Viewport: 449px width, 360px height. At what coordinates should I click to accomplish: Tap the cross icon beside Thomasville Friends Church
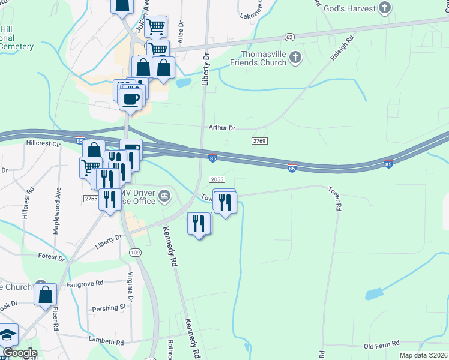point(295,58)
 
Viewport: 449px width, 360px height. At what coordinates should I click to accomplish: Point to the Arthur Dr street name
point(222,128)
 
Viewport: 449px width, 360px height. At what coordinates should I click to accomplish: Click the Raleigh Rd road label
point(342,50)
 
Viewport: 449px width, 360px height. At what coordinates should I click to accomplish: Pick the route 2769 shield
point(259,140)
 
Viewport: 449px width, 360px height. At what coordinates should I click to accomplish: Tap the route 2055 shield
point(217,179)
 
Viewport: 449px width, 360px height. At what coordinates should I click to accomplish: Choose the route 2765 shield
point(91,199)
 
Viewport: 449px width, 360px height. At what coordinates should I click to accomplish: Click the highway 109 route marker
point(136,253)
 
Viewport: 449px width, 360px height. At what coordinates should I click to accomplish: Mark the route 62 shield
point(290,37)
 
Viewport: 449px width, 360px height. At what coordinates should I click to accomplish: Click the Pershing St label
point(109,308)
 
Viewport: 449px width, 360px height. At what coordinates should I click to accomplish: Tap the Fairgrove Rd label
point(85,283)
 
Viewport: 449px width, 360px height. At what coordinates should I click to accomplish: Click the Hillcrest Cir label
point(44,145)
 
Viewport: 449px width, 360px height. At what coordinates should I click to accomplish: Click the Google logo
point(19,353)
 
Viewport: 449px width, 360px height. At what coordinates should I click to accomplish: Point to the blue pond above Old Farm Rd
point(373,294)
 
